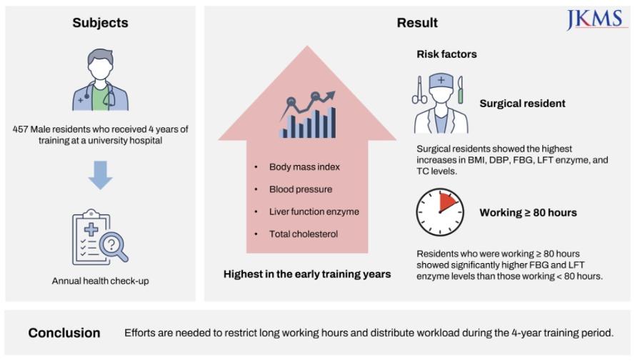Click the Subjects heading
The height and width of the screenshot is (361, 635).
click(x=101, y=23)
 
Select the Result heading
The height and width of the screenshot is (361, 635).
click(x=417, y=23)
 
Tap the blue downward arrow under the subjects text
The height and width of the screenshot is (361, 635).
click(x=101, y=175)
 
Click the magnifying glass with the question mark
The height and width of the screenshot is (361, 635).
click(x=114, y=245)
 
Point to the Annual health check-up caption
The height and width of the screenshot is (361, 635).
click(x=101, y=281)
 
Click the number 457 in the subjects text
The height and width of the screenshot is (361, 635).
click(x=20, y=129)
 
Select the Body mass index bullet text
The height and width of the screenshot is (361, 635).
click(x=304, y=167)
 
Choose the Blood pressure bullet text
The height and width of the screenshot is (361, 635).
click(x=301, y=189)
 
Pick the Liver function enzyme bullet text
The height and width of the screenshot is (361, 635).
click(x=314, y=212)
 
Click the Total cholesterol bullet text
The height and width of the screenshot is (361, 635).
click(x=304, y=234)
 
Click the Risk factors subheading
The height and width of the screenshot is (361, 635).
click(x=446, y=54)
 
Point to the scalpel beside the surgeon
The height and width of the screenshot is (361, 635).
click(x=461, y=90)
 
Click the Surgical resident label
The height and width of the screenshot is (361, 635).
click(x=522, y=104)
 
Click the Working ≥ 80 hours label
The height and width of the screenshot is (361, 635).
click(x=528, y=213)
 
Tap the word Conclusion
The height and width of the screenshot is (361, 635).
click(x=64, y=332)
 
